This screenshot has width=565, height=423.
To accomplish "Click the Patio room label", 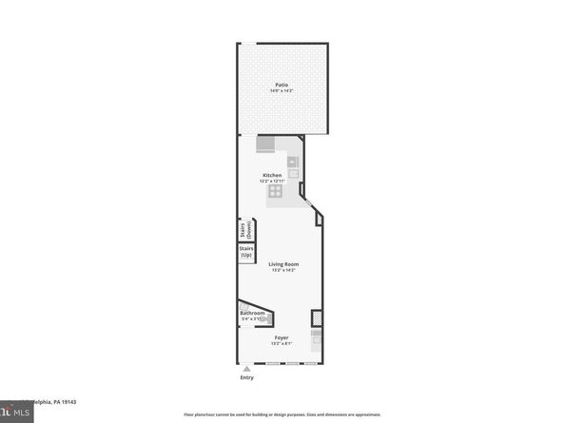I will pos(282,84).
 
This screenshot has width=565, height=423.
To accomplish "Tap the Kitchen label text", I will pos(272,175).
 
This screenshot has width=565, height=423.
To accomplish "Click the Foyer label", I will pos(282,337).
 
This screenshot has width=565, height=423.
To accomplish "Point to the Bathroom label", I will pos(252,314).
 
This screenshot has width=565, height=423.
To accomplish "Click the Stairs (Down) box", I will pos(244,231).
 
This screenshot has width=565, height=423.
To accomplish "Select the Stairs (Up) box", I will pos(245,253).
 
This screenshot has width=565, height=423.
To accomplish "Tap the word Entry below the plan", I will pos(247,378).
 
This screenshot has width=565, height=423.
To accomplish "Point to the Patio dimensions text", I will pos(282,90).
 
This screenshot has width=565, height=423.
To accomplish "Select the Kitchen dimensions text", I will pos(273,182).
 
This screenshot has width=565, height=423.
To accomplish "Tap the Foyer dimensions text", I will pos(282,344).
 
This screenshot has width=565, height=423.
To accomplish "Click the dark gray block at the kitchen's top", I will pos(267,144).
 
